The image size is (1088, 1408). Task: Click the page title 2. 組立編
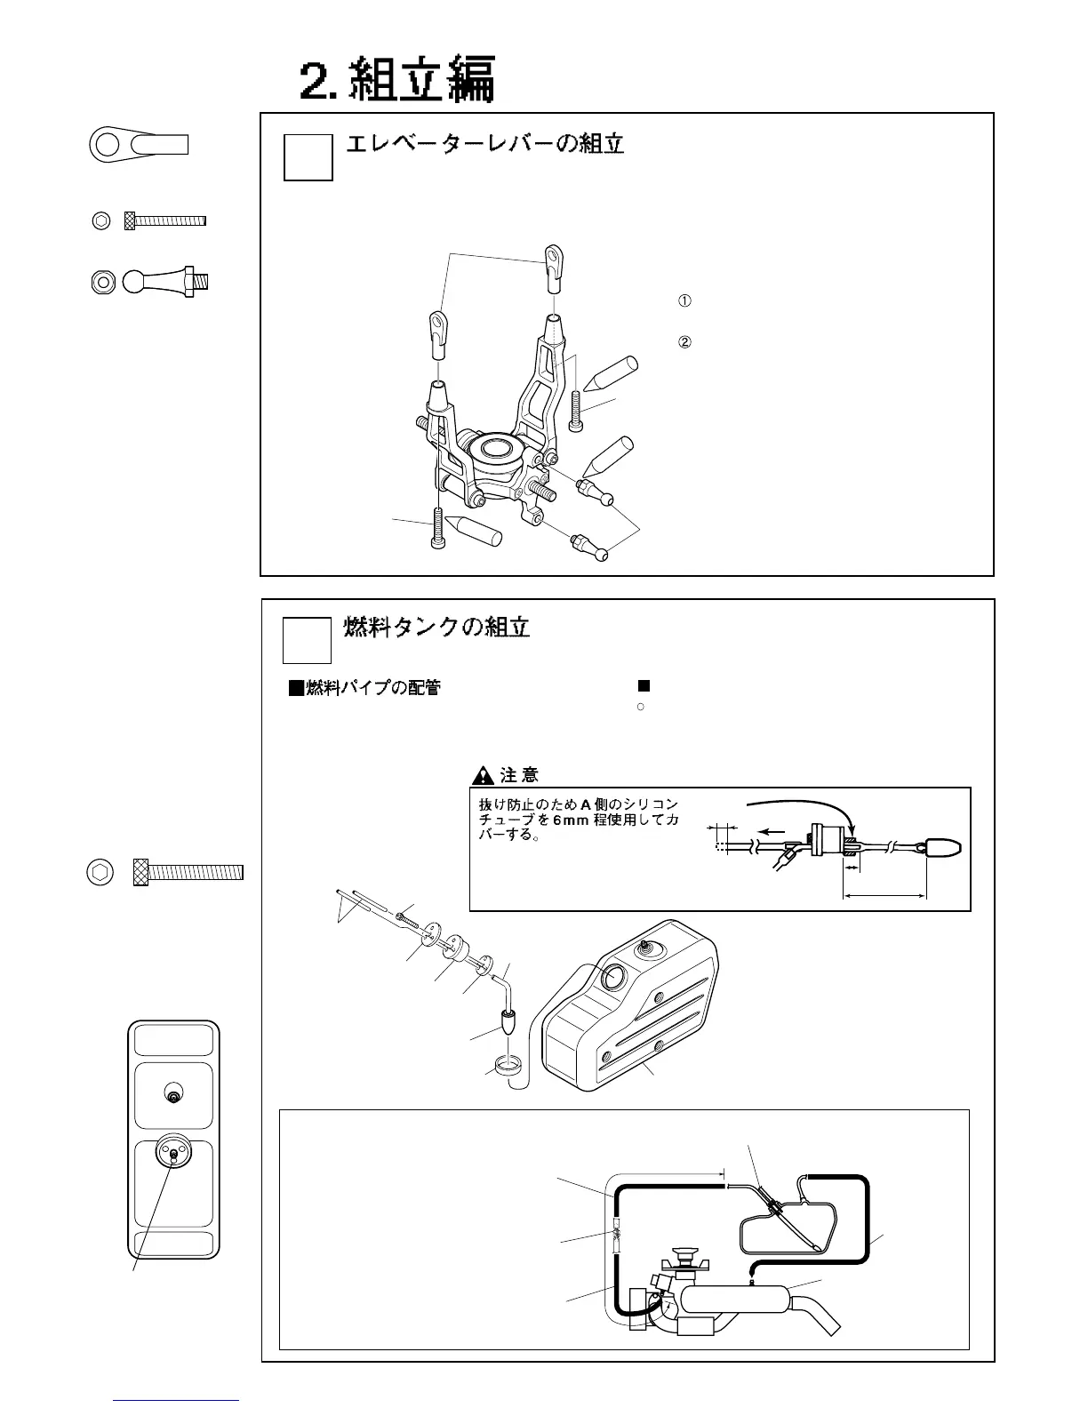click(x=396, y=81)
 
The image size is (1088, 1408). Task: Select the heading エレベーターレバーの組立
click(x=484, y=144)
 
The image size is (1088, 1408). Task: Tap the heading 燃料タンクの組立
click(x=436, y=628)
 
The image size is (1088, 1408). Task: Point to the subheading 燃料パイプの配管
click(x=364, y=687)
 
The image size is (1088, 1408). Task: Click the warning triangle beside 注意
click(x=483, y=775)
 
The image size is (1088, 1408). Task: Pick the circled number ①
click(x=685, y=300)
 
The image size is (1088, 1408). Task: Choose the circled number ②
click(x=685, y=342)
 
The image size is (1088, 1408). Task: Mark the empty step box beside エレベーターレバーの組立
click(x=308, y=156)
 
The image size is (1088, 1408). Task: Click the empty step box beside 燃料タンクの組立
click(x=308, y=640)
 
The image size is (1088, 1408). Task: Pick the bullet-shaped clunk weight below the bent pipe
click(x=508, y=1023)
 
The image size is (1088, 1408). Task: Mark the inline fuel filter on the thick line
click(x=615, y=1236)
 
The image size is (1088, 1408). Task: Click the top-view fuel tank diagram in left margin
click(x=173, y=1140)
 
